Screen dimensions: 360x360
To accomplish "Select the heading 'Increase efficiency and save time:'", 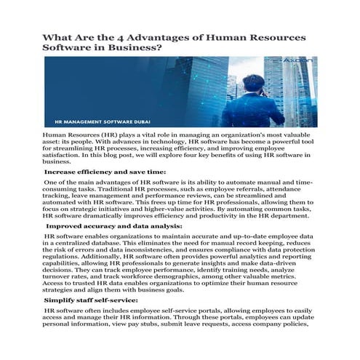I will (95, 172).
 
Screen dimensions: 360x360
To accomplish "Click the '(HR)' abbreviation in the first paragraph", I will (110, 135).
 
